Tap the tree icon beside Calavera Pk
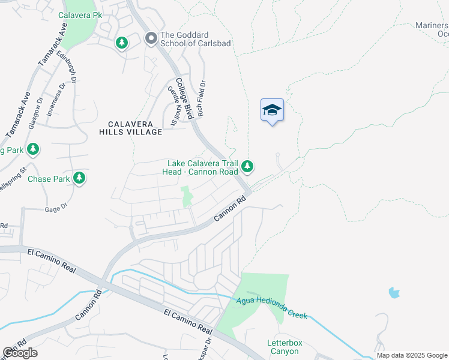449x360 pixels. click(x=122, y=43)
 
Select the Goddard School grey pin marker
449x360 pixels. click(x=151, y=39)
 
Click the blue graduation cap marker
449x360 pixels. click(x=272, y=110)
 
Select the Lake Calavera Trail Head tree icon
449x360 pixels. click(x=247, y=166)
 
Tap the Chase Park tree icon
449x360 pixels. click(x=79, y=178)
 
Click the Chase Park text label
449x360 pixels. click(x=49, y=179)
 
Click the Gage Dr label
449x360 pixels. click(x=56, y=209)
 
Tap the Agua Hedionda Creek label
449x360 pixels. click(x=271, y=307)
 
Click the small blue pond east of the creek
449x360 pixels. click(x=394, y=293)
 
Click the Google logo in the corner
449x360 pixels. click(x=20, y=353)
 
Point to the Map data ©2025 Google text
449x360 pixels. click(x=412, y=355)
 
